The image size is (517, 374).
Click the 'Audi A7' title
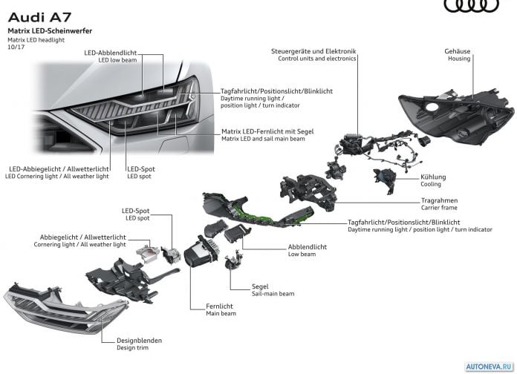[x=39, y=18]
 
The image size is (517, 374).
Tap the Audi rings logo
[x=472, y=6]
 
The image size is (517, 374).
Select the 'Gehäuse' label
[x=458, y=51]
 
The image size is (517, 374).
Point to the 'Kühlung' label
[x=433, y=177]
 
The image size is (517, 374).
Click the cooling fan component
[x=385, y=180]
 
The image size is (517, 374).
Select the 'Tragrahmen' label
[x=439, y=200]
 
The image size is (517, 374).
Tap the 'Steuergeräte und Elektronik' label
[x=313, y=51]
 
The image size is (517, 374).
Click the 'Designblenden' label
[x=139, y=341]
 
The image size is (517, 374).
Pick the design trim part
[x=65, y=308]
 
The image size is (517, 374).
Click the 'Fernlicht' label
[x=219, y=306]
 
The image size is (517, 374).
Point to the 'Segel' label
[x=260, y=286]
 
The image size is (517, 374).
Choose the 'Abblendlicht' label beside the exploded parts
[x=308, y=247]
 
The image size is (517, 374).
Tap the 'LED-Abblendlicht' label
[x=110, y=53]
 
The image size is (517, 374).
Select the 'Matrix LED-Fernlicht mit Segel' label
[x=267, y=131]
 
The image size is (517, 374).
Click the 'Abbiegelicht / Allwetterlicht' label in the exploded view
[x=82, y=237]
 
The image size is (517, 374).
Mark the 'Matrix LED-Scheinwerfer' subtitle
[x=50, y=31]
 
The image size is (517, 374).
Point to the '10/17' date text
[x=16, y=47]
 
